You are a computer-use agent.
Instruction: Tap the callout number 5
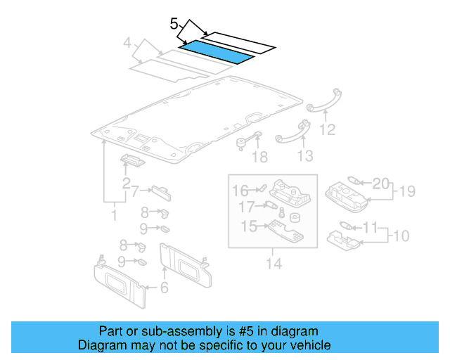pos(174,24)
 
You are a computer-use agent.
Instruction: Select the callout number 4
pos(127,44)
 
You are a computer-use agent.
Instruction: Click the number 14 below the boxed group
pos(273,264)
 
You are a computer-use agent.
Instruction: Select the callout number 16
pos(240,191)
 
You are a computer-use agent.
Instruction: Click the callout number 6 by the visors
pos(164,287)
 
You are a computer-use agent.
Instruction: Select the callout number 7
pos(136,190)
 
